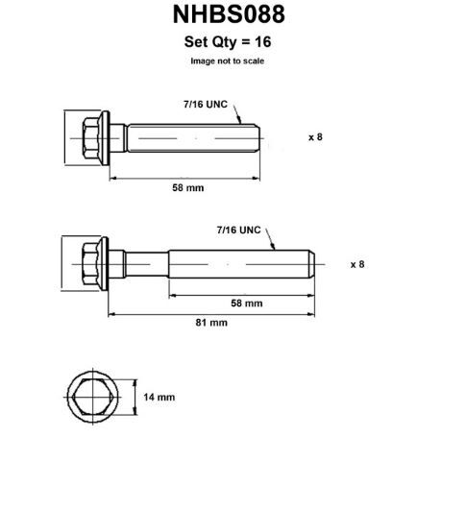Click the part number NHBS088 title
(229, 14)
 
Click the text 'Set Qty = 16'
(228, 42)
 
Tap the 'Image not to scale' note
(227, 61)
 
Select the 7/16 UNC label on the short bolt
(206, 104)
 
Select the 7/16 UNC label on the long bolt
(238, 230)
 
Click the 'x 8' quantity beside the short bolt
(315, 137)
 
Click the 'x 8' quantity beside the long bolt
(357, 264)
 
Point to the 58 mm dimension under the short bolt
(188, 187)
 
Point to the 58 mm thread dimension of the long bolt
(247, 304)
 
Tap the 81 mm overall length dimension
(211, 323)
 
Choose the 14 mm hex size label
(159, 397)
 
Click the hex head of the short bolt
(90, 138)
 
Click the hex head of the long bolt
(90, 264)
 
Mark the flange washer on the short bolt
(105, 138)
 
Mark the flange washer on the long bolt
(104, 264)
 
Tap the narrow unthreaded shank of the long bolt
(147, 264)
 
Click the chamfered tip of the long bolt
(311, 264)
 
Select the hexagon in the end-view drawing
(93, 397)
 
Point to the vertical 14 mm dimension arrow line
(135, 397)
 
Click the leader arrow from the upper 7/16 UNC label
(237, 112)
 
